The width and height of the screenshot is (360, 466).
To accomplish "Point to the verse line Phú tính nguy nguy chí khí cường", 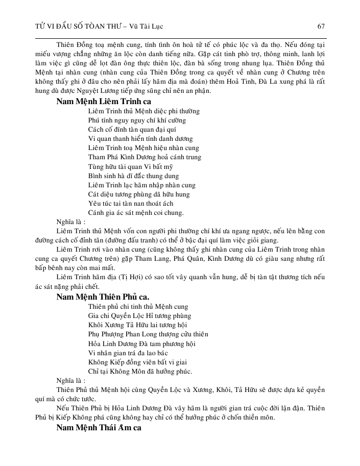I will (137, 120).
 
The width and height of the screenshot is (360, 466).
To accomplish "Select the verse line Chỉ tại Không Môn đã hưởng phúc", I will (140, 371).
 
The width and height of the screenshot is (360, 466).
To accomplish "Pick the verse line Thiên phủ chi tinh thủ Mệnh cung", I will (138, 307).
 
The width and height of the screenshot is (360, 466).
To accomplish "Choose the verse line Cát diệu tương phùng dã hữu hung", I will (139, 194).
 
